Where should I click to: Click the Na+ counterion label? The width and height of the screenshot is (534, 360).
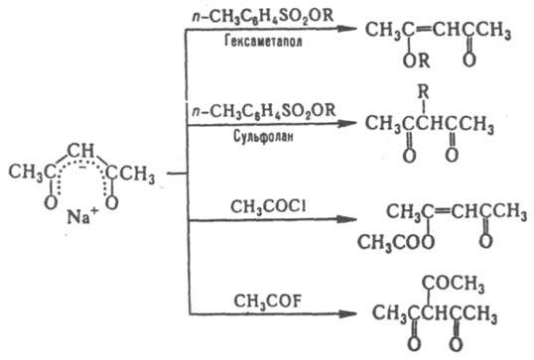pos(82,216)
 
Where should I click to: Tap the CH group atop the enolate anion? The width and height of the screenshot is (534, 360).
pos(80,151)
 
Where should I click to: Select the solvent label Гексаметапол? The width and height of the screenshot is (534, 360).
pos(263,42)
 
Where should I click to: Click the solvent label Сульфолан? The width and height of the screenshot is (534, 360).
pos(263,137)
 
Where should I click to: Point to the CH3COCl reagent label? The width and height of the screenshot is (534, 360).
pos(268,207)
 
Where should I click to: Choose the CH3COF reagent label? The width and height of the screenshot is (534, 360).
pos(268,301)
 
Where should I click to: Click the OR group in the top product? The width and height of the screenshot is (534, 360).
pos(416,60)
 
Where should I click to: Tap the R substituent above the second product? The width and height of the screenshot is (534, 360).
pos(423,92)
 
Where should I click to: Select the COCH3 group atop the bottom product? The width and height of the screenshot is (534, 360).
pos(453,283)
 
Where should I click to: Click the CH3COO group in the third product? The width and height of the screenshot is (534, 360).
pos(396,243)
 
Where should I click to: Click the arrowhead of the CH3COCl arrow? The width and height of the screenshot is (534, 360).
pos(347,219)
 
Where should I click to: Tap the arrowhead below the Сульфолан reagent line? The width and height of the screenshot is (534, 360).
pos(347,123)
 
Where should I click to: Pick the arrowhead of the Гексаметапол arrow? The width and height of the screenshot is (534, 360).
pos(347,29)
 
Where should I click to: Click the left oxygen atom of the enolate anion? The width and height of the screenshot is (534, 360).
pos(51,202)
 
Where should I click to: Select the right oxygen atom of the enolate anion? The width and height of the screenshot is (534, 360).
pos(112,202)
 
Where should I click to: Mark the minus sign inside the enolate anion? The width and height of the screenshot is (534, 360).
pos(82,168)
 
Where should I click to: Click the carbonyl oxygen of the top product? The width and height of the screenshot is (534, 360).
pos(468,60)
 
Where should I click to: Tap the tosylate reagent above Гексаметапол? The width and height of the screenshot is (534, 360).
pos(263,17)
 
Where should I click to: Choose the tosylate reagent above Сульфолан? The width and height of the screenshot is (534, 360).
pos(264,111)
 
